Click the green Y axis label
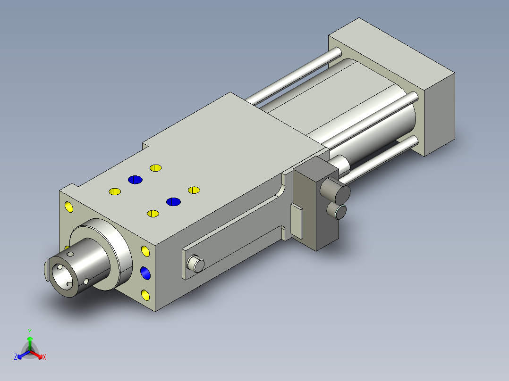[30, 331]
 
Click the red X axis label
[44, 357]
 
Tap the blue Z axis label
[16, 357]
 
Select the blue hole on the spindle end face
[146, 273]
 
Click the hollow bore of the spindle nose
[62, 277]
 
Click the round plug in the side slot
[195, 264]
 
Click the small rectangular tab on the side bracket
[297, 221]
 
